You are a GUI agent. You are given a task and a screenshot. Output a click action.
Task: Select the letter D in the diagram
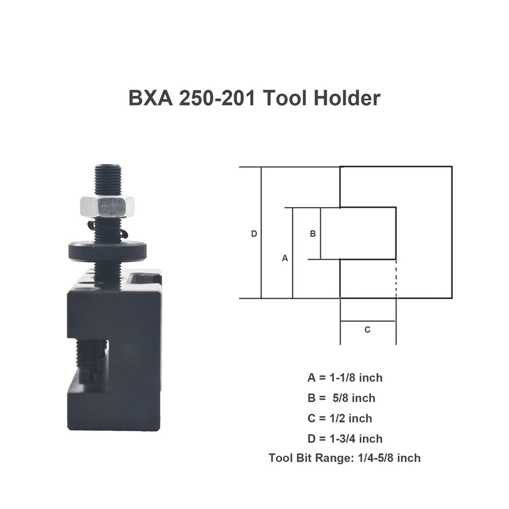[254, 234]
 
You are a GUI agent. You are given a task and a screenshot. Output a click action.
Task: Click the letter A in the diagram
[285, 258]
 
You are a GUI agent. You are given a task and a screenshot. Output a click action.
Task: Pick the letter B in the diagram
[313, 234]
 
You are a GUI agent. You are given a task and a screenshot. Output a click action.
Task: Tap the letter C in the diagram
[367, 329]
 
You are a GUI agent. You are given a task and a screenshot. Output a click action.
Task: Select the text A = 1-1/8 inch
[345, 378]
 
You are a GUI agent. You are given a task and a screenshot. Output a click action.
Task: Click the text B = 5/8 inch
[345, 398]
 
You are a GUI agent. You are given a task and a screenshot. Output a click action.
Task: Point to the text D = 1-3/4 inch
[345, 438]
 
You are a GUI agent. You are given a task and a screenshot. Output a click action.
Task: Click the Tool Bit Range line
[345, 458]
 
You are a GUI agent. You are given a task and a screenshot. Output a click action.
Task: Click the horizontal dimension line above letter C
[367, 321]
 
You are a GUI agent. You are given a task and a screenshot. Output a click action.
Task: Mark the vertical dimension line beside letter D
[261, 233]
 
